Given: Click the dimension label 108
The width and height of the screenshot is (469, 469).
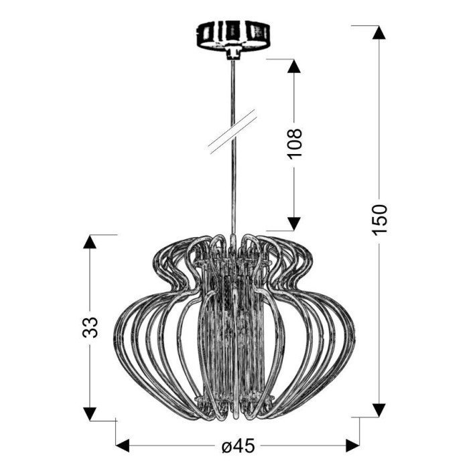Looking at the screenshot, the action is (x=295, y=145).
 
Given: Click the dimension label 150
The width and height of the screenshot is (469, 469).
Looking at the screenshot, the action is (x=379, y=220).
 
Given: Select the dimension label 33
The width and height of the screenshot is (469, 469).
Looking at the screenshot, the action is (x=90, y=327).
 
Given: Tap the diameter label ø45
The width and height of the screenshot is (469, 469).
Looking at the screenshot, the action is (x=238, y=446).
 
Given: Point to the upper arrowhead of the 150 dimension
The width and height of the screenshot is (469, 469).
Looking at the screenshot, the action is (x=379, y=32).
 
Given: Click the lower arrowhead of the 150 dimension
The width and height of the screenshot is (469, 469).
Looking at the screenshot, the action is (x=379, y=410).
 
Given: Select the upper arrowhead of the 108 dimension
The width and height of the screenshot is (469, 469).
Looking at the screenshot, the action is (x=294, y=66).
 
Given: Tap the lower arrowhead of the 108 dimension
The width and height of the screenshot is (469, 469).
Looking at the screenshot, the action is (x=294, y=224).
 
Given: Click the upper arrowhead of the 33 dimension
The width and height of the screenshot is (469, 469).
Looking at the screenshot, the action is (x=90, y=242).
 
